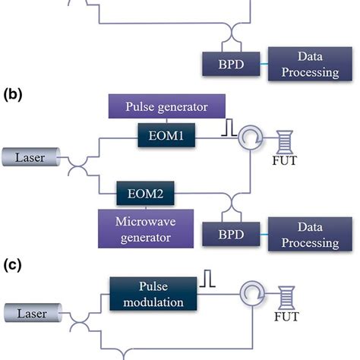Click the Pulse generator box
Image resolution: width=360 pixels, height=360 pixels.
[167, 106]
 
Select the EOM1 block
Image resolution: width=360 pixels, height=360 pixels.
[166, 135]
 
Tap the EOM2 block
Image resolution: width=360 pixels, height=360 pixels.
[145, 194]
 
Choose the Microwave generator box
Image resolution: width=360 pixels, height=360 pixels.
[146, 229]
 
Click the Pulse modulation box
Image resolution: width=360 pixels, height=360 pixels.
[153, 294]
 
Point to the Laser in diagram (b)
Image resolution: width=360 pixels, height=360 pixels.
[31, 157]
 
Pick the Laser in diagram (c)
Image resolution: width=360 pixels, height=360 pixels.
[33, 313]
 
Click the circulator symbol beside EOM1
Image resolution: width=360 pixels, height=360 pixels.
[250, 138]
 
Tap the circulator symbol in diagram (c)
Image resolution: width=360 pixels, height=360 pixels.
[252, 294]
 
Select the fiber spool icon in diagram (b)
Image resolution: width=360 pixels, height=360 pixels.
[285, 142]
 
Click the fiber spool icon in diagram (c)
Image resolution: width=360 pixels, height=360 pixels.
[286, 298]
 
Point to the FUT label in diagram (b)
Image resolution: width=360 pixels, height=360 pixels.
[284, 161]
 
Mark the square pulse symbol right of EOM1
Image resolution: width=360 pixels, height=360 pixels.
[229, 128]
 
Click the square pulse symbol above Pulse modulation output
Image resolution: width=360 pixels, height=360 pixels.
[207, 278]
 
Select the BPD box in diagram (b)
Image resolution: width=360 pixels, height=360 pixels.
[231, 234]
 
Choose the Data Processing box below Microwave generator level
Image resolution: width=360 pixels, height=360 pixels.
[310, 234]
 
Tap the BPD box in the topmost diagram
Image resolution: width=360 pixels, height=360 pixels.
[231, 64]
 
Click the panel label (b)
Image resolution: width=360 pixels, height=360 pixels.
[13, 95]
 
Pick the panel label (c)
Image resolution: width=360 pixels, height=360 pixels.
[13, 265]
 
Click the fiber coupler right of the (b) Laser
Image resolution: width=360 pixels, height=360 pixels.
[78, 166]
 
